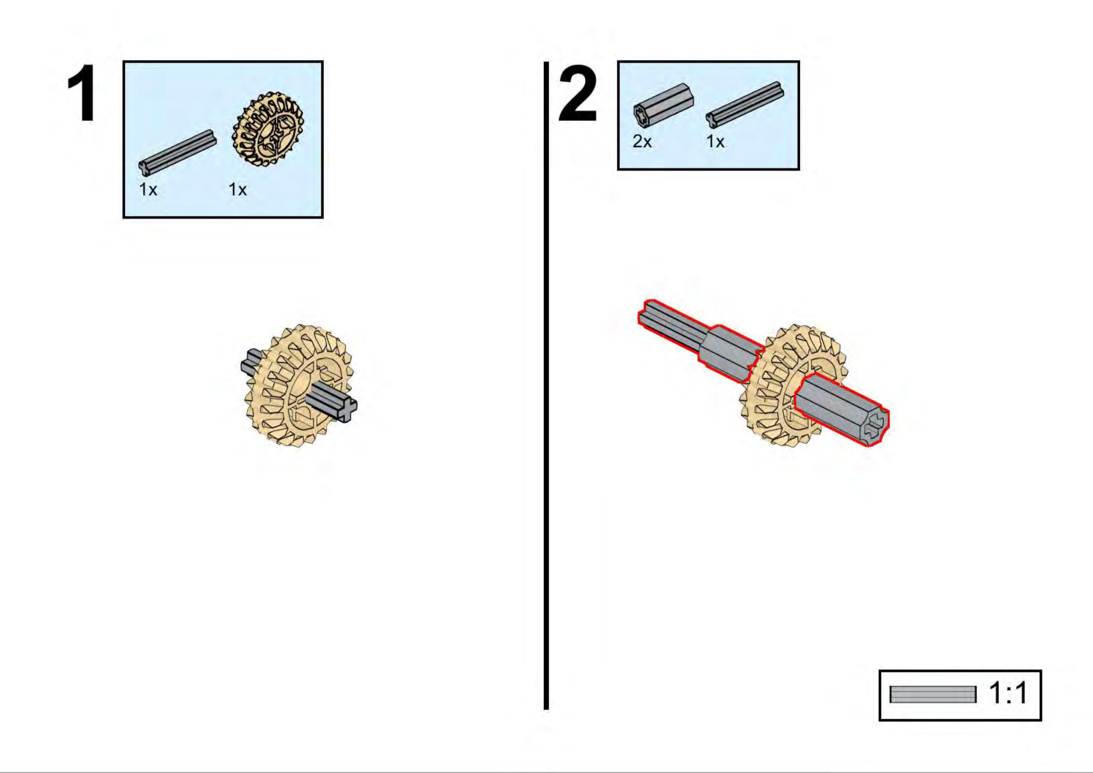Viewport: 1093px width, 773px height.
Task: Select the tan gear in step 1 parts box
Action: point(268,129)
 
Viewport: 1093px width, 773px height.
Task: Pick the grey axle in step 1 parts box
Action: point(177,151)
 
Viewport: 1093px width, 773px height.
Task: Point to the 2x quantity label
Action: point(642,142)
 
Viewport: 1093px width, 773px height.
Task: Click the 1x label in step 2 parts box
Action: point(715,142)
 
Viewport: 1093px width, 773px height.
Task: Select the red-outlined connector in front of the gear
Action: point(842,409)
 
